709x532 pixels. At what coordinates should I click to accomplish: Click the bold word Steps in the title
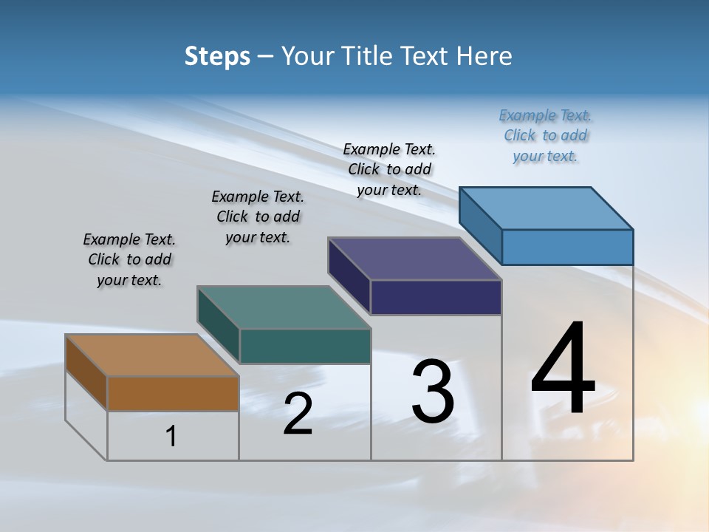[217, 56]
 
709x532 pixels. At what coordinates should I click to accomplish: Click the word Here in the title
[484, 56]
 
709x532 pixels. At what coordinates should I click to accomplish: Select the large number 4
[563, 368]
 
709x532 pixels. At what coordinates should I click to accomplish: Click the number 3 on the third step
[433, 391]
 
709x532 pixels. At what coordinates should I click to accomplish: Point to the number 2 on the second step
[298, 414]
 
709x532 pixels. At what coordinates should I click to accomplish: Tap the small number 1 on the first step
[171, 437]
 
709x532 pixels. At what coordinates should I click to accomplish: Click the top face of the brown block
[151, 355]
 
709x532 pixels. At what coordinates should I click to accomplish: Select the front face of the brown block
[173, 393]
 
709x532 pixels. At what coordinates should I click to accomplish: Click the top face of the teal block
[284, 307]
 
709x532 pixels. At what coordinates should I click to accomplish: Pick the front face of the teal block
[305, 347]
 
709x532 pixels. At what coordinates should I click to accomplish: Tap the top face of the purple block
[414, 259]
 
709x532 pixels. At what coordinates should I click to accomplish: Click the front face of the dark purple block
[436, 298]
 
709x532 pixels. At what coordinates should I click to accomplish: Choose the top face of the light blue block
[546, 208]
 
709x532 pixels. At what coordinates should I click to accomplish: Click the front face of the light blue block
[567, 247]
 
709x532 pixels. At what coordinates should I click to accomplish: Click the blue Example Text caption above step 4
[545, 135]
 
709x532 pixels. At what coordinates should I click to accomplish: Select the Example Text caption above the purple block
[389, 169]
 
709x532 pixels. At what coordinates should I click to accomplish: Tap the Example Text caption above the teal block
[258, 216]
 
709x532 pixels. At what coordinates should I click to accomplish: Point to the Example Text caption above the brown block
[129, 259]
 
